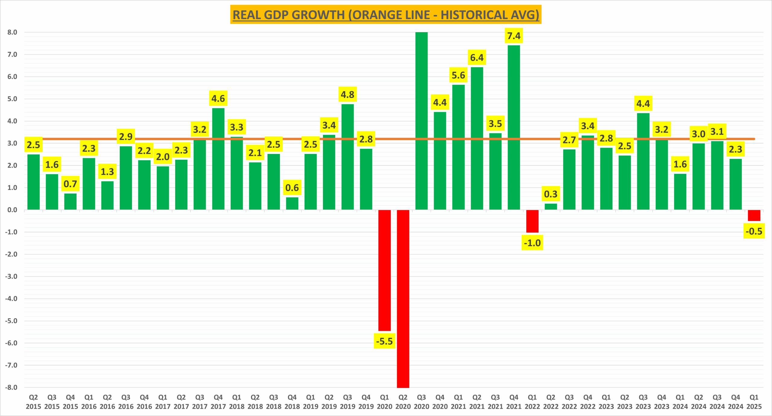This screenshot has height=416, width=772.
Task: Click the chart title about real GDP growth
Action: point(386,14)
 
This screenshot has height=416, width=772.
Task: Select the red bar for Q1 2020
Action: point(384,270)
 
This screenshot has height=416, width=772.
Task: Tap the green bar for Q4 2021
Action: point(514,127)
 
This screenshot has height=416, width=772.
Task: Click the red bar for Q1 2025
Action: point(754,215)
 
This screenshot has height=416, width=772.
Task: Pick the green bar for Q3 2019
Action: point(348,157)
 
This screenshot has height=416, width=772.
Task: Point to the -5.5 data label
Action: point(384,341)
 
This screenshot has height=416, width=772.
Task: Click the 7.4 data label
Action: point(514,36)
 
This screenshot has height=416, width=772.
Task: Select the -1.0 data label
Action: point(532,242)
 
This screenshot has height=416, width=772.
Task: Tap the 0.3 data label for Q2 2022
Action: point(551,194)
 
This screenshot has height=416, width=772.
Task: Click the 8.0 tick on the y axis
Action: point(12,32)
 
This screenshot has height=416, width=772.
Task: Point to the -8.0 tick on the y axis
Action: point(11,387)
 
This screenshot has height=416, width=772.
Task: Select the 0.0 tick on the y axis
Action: point(12,210)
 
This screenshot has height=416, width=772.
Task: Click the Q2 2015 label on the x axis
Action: point(33,402)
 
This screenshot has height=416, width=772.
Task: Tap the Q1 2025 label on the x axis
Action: point(754,402)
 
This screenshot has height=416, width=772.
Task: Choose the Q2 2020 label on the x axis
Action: point(403,402)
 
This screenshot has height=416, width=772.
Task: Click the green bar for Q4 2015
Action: point(71,202)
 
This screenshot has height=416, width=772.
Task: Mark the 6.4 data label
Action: point(477,58)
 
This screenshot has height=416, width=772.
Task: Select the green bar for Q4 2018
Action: point(292,203)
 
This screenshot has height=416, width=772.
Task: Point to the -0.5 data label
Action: point(754,231)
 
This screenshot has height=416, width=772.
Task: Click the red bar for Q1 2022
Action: point(532,221)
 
